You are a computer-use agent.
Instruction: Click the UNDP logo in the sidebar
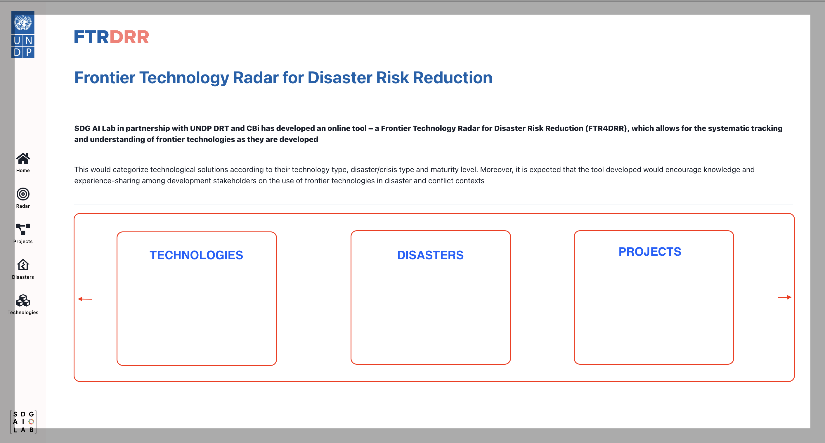pos(23,34)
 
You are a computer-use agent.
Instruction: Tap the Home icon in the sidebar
pos(23,158)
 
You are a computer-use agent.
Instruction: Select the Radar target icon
pos(23,194)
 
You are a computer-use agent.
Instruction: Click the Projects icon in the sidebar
pos(23,229)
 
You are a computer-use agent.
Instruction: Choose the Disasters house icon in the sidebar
pos(23,265)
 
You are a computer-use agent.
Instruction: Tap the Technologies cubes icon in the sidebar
pos(23,300)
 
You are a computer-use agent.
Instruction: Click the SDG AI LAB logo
pos(23,422)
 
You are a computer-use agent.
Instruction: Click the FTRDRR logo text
pos(112,37)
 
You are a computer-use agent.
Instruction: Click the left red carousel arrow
pos(85,299)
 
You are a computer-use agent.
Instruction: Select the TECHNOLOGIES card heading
pos(196,255)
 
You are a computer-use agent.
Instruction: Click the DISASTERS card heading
pos(430,255)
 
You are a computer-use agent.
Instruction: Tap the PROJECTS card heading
pos(649,251)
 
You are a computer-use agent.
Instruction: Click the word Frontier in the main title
pos(105,78)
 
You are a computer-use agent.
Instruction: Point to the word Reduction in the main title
pos(452,78)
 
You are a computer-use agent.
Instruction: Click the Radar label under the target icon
pos(23,206)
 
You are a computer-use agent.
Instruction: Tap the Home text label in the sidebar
pos(23,170)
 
